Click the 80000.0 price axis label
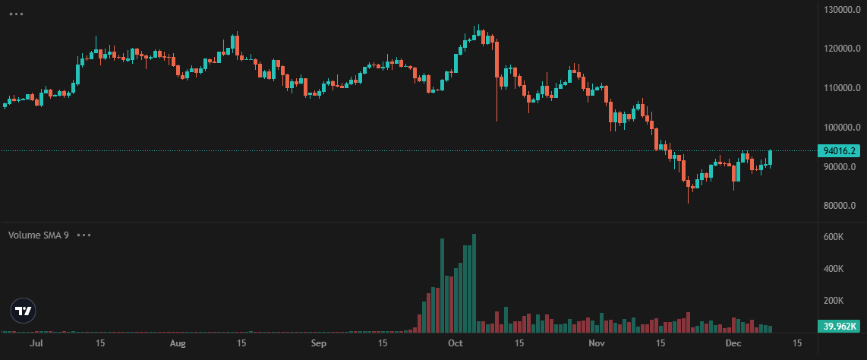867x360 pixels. (x=840, y=206)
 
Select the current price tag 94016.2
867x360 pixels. (x=840, y=151)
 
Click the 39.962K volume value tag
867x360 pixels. (x=840, y=327)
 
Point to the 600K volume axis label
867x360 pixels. (x=834, y=237)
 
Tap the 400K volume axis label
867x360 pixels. (x=834, y=269)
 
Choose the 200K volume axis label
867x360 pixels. (x=834, y=301)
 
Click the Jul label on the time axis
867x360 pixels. (x=35, y=344)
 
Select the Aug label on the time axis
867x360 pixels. (x=177, y=344)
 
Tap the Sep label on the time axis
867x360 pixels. (x=319, y=344)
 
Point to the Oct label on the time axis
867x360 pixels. (x=456, y=344)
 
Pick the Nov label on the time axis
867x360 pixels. (x=597, y=344)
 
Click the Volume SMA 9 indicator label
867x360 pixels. (x=39, y=235)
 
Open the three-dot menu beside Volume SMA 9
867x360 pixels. (x=84, y=235)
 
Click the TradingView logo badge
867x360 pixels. (x=24, y=311)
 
